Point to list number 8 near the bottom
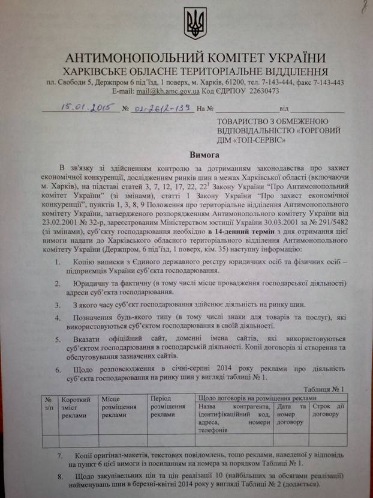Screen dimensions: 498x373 [x=59, y=476]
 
